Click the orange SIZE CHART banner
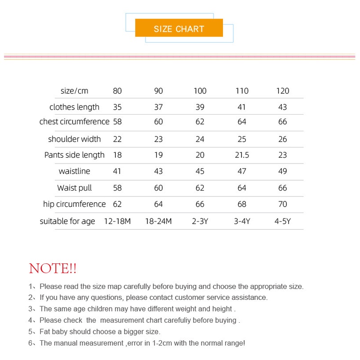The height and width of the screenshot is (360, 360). pyautogui.click(x=179, y=29)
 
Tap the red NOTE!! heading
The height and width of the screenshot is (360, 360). pyautogui.click(x=53, y=269)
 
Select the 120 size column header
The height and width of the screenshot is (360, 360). pyautogui.click(x=283, y=91)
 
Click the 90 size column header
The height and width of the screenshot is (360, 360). pyautogui.click(x=159, y=91)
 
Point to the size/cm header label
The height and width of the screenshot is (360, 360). pyautogui.click(x=75, y=91)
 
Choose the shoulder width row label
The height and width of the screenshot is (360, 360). pyautogui.click(x=75, y=139)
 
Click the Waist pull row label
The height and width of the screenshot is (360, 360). pyautogui.click(x=75, y=188)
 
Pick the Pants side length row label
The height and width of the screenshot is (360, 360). pyautogui.click(x=75, y=155)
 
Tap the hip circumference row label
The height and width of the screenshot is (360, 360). pyautogui.click(x=75, y=204)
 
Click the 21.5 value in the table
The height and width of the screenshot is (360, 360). pyautogui.click(x=242, y=155)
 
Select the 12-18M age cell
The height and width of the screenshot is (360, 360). pyautogui.click(x=117, y=221)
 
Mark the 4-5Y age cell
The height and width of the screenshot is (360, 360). pyautogui.click(x=283, y=221)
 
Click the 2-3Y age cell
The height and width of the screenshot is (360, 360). pyautogui.click(x=200, y=221)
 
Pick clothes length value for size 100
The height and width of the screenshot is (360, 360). pyautogui.click(x=200, y=107)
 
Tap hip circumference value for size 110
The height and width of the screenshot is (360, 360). pyautogui.click(x=242, y=204)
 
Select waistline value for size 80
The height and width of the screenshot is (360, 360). pyautogui.click(x=117, y=171)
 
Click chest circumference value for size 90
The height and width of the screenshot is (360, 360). pyautogui.click(x=159, y=122)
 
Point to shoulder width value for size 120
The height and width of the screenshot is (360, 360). pyautogui.click(x=283, y=139)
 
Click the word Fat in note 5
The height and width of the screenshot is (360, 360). pyautogui.click(x=45, y=332)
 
